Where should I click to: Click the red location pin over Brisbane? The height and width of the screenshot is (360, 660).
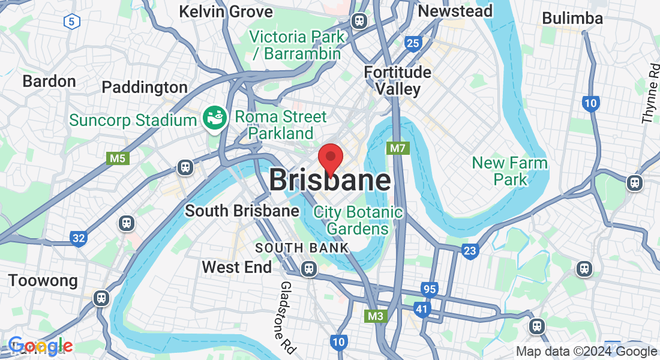point(330,157)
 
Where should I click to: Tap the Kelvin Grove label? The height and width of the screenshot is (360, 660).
point(226,11)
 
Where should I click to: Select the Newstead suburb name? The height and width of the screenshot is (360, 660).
point(455,11)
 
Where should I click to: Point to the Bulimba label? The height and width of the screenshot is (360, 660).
point(572,18)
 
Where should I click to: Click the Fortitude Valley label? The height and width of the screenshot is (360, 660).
point(398,80)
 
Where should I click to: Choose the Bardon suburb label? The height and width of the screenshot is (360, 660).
point(49,81)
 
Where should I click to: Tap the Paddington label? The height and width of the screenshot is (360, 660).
point(145,87)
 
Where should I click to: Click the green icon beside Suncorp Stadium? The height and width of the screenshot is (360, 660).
point(213,119)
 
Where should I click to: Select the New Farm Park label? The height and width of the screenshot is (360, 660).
point(509,171)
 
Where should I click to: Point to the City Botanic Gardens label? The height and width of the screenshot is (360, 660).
point(358,220)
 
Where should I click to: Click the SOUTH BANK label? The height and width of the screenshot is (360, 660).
point(302,248)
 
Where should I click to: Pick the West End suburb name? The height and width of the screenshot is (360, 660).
point(236,267)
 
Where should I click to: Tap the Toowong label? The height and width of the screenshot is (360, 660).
point(43,280)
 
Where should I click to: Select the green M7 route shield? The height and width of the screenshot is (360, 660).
point(398,148)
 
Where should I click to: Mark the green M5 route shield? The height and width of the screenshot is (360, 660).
point(118,158)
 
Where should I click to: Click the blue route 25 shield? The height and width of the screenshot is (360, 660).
point(412,43)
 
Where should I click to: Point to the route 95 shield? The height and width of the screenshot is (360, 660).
point(428,289)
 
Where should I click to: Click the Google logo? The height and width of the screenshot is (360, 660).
point(41,346)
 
